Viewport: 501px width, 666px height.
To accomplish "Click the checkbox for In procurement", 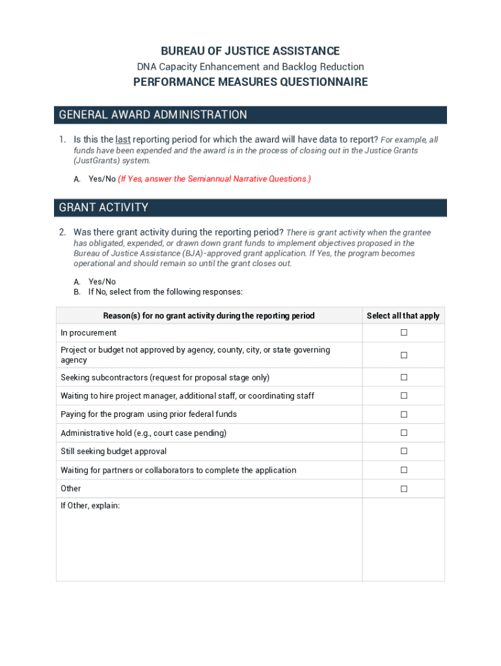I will pos(403,332).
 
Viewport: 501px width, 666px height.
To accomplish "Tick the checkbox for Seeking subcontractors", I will pos(403,377).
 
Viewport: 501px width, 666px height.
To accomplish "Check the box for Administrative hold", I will pos(403,433).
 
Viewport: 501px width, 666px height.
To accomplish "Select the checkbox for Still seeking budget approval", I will pos(403,451).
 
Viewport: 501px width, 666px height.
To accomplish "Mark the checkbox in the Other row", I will pos(403,488).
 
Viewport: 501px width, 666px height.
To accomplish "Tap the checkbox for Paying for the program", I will pos(403,414).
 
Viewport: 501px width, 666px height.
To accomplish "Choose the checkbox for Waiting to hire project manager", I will pos(403,395).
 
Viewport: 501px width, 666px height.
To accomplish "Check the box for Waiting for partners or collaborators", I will pos(403,470).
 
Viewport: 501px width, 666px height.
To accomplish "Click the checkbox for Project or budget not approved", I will pos(403,355).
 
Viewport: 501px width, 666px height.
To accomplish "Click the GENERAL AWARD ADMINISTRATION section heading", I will pos(153,115).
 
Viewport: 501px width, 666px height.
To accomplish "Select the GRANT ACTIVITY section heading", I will pos(103,207).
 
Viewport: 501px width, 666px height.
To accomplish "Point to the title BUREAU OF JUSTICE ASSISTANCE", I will pos(251,51).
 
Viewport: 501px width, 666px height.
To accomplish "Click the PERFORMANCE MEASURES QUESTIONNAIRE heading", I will pos(251,82).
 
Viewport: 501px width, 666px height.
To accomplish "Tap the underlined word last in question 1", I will pos(123,139).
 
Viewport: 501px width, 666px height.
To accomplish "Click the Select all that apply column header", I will pos(403,315).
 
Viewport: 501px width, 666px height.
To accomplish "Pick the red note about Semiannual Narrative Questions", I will pos(214,179).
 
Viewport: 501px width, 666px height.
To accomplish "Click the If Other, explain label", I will pos(90,505).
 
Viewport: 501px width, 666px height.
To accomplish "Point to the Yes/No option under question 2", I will pos(102,282).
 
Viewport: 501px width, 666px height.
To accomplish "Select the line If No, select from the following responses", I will pos(165,292).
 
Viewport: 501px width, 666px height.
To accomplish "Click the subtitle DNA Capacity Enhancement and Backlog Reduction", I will pos(251,66).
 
